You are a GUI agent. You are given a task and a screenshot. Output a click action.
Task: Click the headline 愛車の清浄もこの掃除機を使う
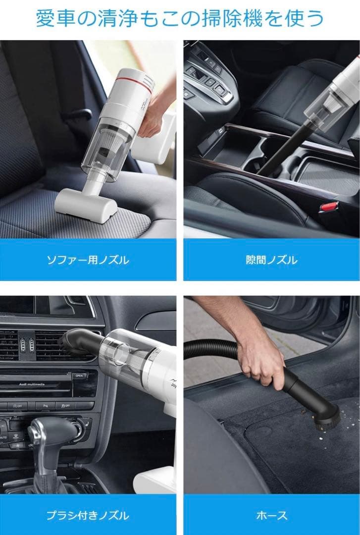180,18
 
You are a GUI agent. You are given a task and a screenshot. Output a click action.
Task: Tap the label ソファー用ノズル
87,260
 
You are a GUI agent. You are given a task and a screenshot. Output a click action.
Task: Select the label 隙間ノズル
271,260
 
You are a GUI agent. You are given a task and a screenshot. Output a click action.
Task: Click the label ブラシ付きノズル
87,515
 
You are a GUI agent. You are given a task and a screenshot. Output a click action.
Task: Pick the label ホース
271,515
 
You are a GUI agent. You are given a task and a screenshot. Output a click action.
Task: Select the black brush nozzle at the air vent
79,342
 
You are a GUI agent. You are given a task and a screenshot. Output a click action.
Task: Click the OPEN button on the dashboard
79,376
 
